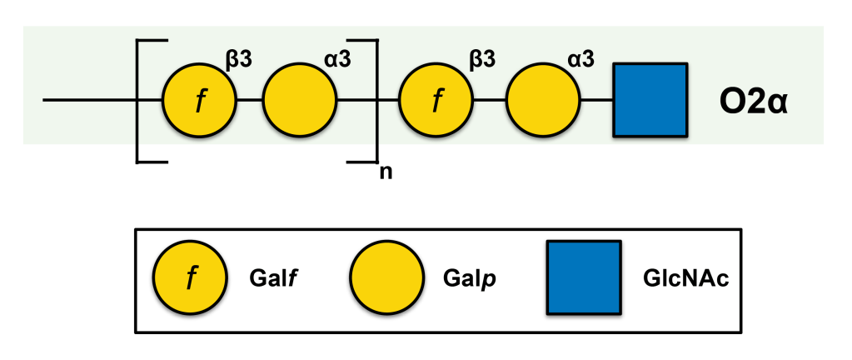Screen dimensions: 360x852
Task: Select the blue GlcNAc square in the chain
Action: tap(650, 101)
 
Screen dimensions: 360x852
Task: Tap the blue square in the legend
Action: tap(583, 277)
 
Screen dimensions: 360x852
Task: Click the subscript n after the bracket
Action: tap(385, 172)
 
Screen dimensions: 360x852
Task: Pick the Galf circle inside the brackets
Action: tap(199, 101)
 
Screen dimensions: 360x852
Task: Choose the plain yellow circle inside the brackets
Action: tap(300, 101)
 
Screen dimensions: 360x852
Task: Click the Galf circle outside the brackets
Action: tap(436, 101)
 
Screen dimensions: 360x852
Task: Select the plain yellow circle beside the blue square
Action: tap(543, 101)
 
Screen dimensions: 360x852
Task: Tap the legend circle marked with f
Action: tap(188, 278)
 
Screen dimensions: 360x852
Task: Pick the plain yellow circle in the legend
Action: tap(386, 278)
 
